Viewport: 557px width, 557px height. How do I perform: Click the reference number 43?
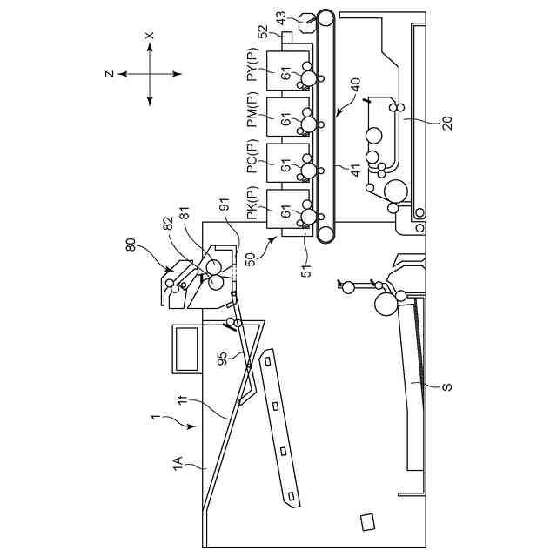tap(281, 18)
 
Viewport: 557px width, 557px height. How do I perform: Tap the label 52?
tap(264, 32)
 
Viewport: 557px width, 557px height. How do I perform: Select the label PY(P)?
tap(253, 64)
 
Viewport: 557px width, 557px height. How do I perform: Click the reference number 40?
tap(355, 85)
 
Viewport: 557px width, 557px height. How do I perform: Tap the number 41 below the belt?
tap(356, 170)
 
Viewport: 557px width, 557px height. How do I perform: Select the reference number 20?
tap(447, 124)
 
